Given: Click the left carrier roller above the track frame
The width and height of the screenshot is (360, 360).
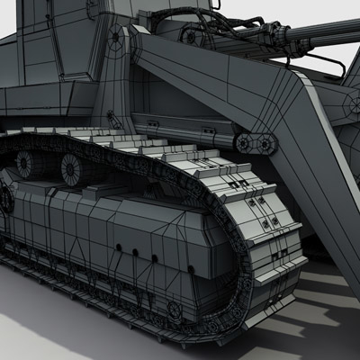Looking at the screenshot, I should click(x=24, y=163).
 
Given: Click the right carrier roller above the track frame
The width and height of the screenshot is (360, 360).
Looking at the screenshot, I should click(x=71, y=166).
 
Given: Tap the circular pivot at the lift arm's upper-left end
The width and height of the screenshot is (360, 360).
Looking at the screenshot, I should click(x=117, y=40).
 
